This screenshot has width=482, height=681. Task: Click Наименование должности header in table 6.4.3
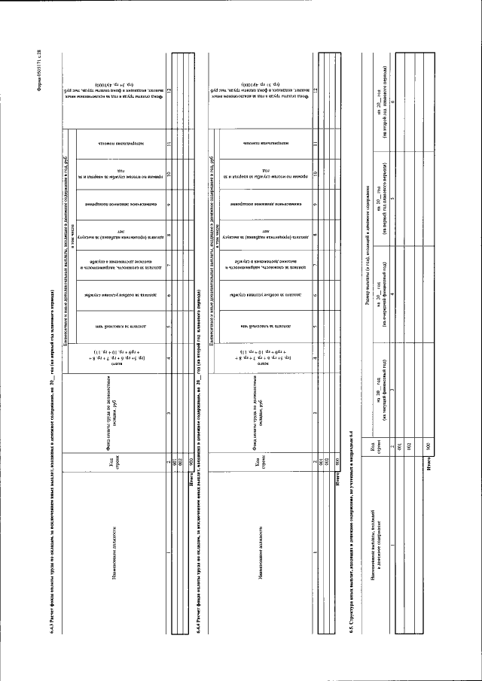[113, 556]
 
